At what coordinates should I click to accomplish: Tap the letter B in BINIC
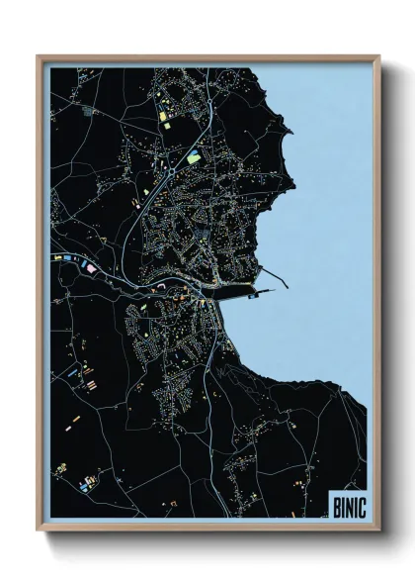pyautogui.click(x=334, y=502)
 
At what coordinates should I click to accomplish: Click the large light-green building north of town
pyautogui.click(x=194, y=155)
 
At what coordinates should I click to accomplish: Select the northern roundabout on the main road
pyautogui.click(x=171, y=171)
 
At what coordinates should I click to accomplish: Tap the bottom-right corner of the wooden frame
pyautogui.click(x=379, y=530)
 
